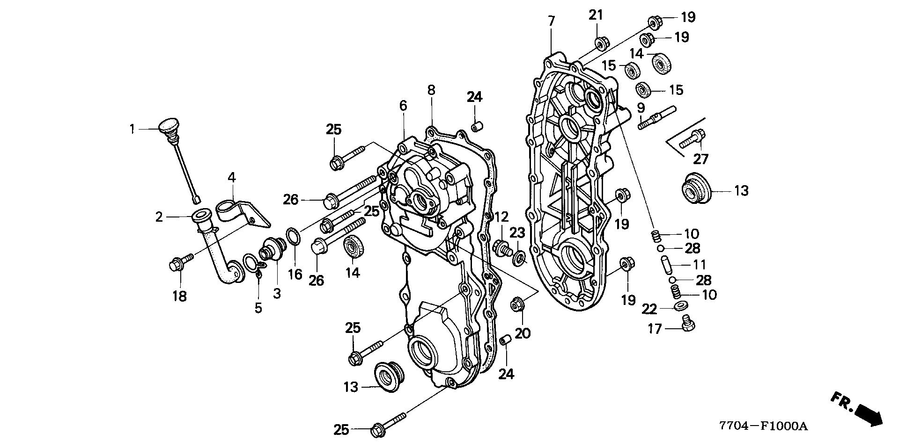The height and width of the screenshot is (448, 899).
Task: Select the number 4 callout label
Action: point(232,178)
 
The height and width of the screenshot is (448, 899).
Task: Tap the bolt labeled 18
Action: point(180,263)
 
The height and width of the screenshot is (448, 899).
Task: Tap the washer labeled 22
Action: point(678,307)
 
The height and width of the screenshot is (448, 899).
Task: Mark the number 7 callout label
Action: point(551,21)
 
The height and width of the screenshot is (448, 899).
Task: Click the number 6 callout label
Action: point(403,106)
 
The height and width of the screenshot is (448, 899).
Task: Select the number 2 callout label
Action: point(159,217)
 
